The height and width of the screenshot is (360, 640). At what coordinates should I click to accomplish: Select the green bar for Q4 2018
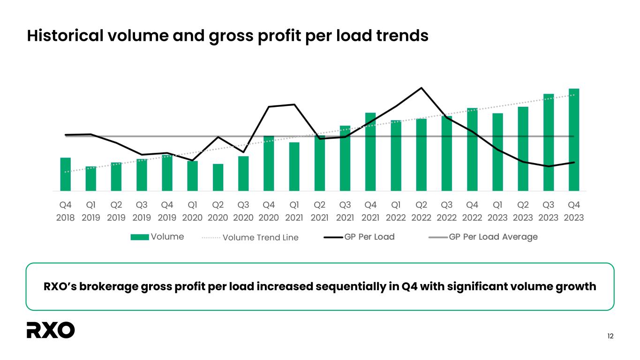[x=66, y=174]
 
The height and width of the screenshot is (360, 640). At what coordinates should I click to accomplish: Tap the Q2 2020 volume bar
[x=218, y=177]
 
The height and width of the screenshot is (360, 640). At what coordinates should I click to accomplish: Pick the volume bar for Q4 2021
[x=370, y=152]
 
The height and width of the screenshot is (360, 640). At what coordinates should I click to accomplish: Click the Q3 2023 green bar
[x=549, y=142]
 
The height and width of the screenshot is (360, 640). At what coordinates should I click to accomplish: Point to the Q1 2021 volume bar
[x=294, y=166]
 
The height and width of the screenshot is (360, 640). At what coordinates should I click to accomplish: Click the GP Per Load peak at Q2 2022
[x=422, y=88]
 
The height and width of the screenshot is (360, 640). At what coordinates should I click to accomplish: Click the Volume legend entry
[x=157, y=237]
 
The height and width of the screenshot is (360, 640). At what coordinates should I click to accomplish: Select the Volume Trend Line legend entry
[x=250, y=237]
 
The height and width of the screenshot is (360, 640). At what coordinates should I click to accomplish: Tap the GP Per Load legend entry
[x=359, y=237]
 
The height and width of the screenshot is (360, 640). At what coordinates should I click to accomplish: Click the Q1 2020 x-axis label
[x=193, y=211]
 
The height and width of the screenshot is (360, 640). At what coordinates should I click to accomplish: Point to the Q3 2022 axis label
[x=447, y=211]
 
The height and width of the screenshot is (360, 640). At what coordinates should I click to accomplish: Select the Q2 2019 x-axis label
[x=116, y=211]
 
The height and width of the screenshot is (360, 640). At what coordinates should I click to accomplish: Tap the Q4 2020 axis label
[x=269, y=211]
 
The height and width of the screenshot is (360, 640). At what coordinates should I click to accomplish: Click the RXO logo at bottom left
[x=51, y=330]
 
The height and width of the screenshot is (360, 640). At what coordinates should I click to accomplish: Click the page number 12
[x=610, y=336]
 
